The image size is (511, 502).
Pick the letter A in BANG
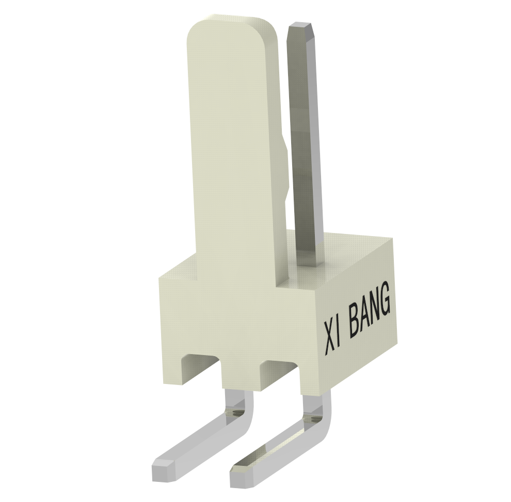(x=365, y=317)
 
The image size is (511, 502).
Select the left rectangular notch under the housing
(x=203, y=364)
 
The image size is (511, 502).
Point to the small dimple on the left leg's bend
(x=235, y=413)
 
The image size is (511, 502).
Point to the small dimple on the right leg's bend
(x=312, y=419)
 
